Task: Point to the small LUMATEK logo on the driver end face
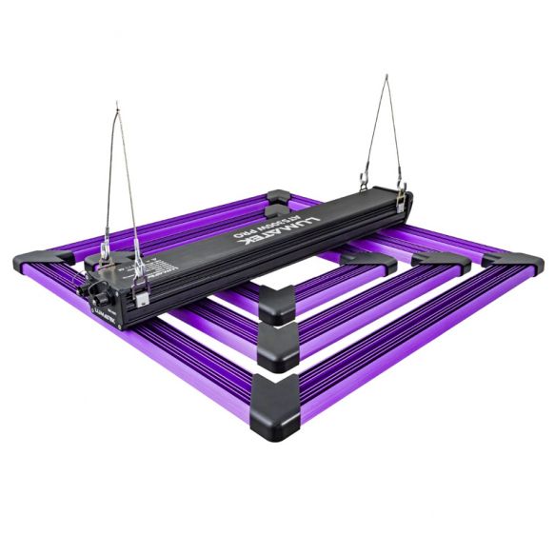click(103, 310)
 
